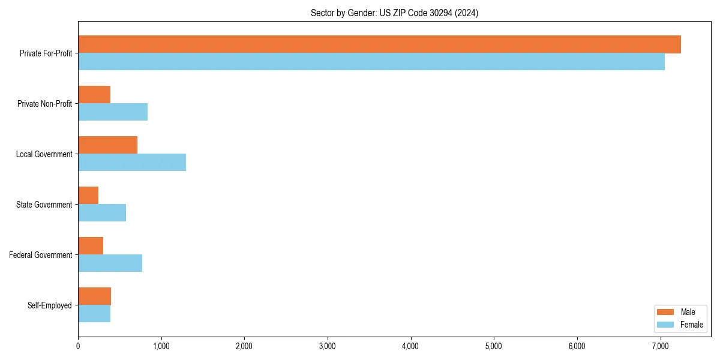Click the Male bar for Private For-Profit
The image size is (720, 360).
[x=379, y=44]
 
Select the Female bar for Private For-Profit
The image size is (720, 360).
[x=371, y=62]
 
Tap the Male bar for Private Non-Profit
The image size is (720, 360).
[x=94, y=95]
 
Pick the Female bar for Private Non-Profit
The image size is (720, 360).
[x=113, y=112]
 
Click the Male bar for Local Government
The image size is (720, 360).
[x=108, y=145]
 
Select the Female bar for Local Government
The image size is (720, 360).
[x=132, y=163]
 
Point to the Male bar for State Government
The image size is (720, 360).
[x=88, y=196]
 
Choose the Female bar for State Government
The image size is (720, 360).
[x=102, y=213]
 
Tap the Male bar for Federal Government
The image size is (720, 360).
[x=91, y=246]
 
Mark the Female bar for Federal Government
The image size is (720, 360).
[x=110, y=263]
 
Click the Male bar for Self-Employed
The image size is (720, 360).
[x=95, y=296]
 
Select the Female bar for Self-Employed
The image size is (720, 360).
[x=94, y=314]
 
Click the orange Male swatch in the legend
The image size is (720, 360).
[x=666, y=312]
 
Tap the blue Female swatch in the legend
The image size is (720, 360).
[x=666, y=325]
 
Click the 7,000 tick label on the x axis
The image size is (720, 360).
[x=660, y=347]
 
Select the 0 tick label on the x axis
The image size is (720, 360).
[x=78, y=347]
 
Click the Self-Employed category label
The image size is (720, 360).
[x=50, y=305]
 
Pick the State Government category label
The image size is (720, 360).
[x=44, y=205]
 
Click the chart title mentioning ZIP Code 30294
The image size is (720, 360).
[x=394, y=13]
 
